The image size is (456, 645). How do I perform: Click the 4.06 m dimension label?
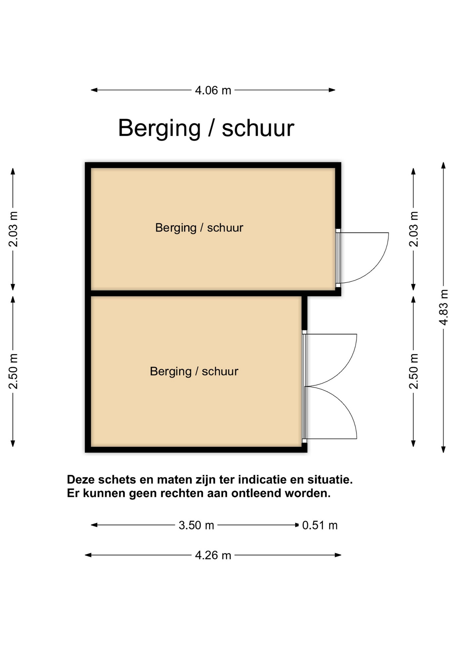(213, 90)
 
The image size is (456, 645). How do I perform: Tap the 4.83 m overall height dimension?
(444, 307)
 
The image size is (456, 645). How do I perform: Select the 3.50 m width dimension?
(196, 525)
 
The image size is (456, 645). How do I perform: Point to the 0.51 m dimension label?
(320, 525)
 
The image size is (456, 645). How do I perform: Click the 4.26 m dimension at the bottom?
(213, 555)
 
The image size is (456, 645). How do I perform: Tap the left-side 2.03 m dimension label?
(13, 229)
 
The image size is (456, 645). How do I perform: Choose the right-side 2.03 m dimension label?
(414, 229)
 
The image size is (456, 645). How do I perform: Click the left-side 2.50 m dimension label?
(13, 371)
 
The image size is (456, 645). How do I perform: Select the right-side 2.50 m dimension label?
(414, 371)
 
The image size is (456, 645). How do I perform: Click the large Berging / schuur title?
(206, 128)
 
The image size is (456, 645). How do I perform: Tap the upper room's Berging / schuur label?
(199, 228)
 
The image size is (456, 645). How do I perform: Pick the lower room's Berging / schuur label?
(194, 372)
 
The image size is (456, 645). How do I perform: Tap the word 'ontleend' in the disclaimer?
(256, 493)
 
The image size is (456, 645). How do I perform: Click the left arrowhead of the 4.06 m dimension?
(94, 90)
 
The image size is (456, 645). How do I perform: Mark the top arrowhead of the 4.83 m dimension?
(444, 165)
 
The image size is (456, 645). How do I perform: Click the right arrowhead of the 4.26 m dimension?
(338, 555)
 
